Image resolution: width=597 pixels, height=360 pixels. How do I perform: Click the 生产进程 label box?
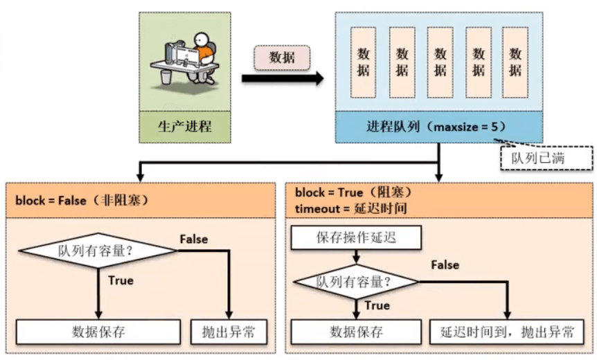184,127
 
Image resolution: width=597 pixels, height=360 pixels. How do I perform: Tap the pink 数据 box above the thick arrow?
281,58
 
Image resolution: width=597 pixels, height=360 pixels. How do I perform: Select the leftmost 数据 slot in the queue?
364,62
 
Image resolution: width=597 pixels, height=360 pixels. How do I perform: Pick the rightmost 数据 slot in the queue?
515,62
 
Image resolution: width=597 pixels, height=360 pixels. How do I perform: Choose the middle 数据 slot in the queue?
440,62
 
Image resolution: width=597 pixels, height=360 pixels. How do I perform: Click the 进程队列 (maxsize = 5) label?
438,127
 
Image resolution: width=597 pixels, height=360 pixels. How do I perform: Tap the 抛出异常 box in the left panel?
229,332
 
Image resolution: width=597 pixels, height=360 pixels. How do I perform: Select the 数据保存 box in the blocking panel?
356,332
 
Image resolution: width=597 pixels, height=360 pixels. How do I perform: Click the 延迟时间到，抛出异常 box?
507,332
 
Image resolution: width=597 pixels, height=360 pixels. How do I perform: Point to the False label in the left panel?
193,239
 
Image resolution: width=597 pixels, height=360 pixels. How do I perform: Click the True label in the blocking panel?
377,305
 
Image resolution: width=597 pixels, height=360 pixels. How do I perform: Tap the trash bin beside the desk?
166,75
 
